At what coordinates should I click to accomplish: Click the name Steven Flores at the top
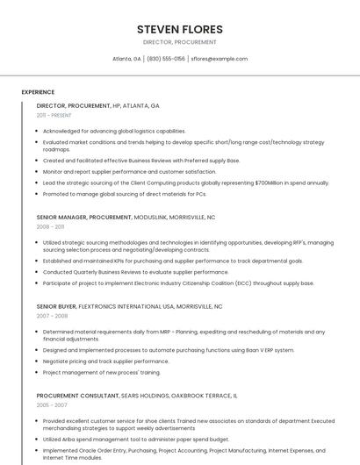pyautogui.click(x=180, y=29)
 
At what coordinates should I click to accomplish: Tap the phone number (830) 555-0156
pyautogui.click(x=166, y=59)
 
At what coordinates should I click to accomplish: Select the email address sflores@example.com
pyautogui.click(x=220, y=59)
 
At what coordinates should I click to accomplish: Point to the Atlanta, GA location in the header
pyautogui.click(x=126, y=59)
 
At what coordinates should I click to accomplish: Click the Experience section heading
pyautogui.click(x=38, y=92)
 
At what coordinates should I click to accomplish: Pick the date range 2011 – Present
pyautogui.click(x=54, y=115)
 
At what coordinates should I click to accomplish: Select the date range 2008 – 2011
pyautogui.click(x=51, y=226)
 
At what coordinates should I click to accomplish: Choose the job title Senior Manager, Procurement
pyautogui.click(x=84, y=217)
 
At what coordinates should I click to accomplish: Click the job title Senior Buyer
pyautogui.click(x=57, y=306)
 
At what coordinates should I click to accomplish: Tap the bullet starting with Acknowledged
pyautogui.click(x=114, y=131)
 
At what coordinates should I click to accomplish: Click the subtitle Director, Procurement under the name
pyautogui.click(x=180, y=42)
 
